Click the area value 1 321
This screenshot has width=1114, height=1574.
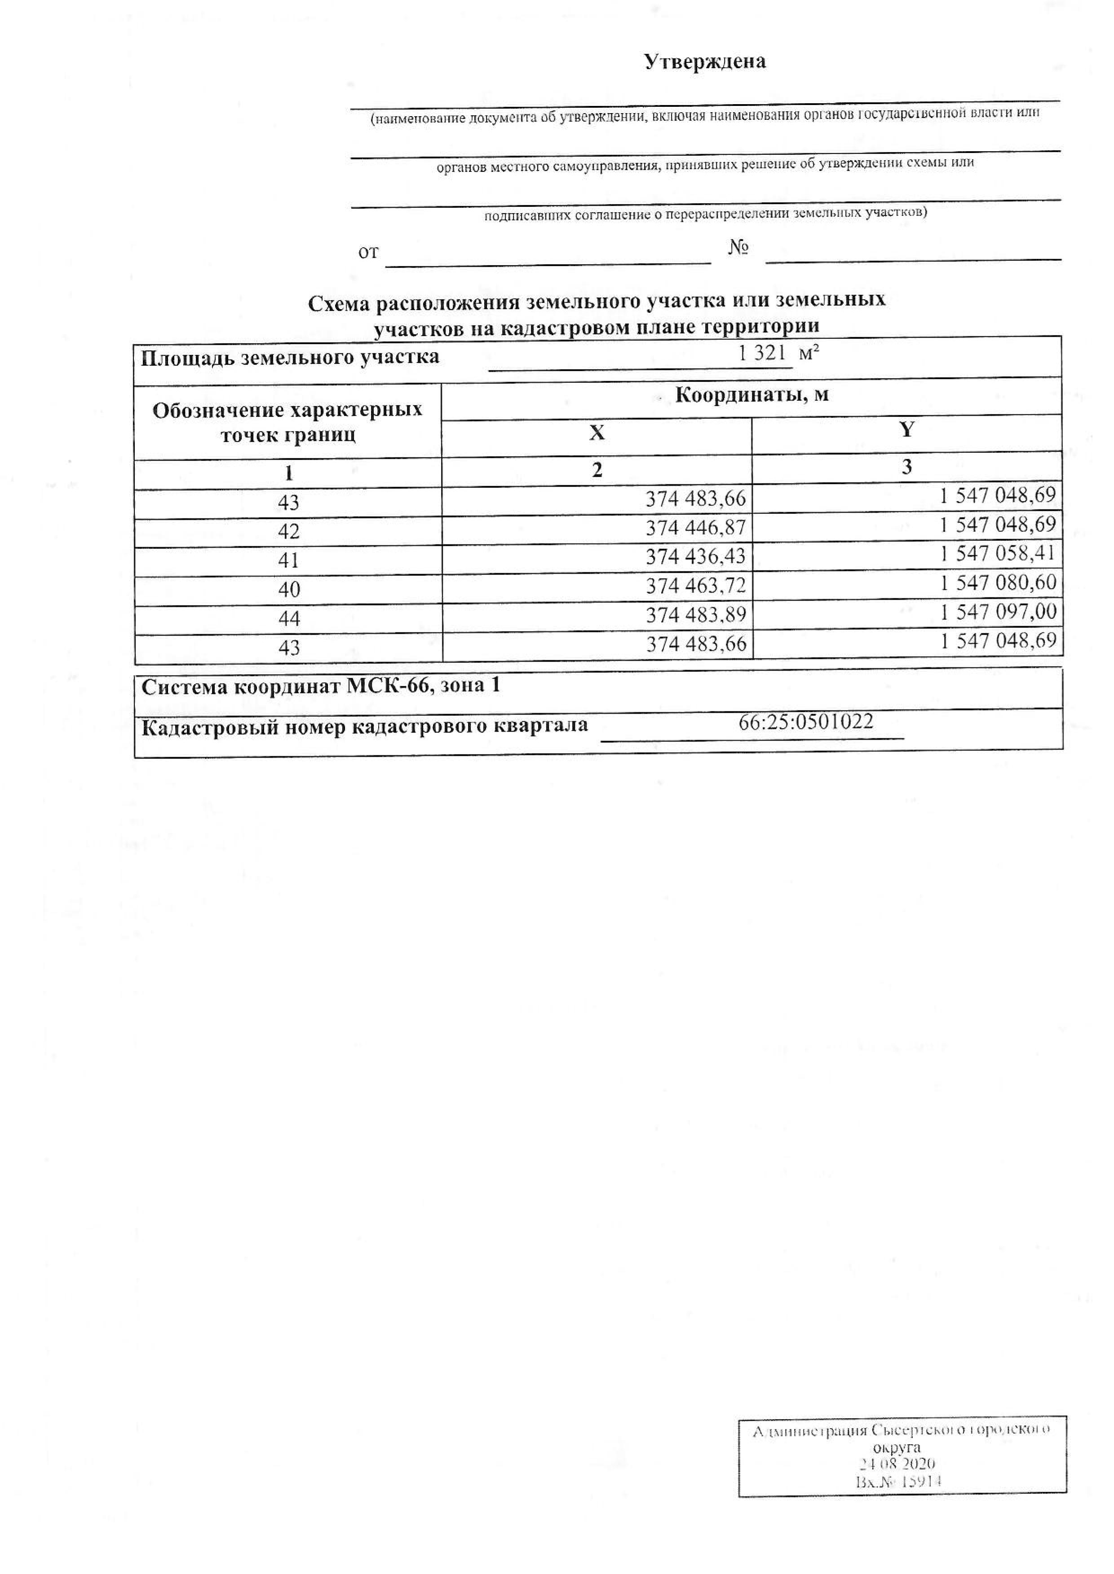tap(761, 354)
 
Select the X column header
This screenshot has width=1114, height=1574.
tap(597, 433)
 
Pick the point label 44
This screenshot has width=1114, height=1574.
tap(289, 619)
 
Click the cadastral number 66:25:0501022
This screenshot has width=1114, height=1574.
tap(805, 722)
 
